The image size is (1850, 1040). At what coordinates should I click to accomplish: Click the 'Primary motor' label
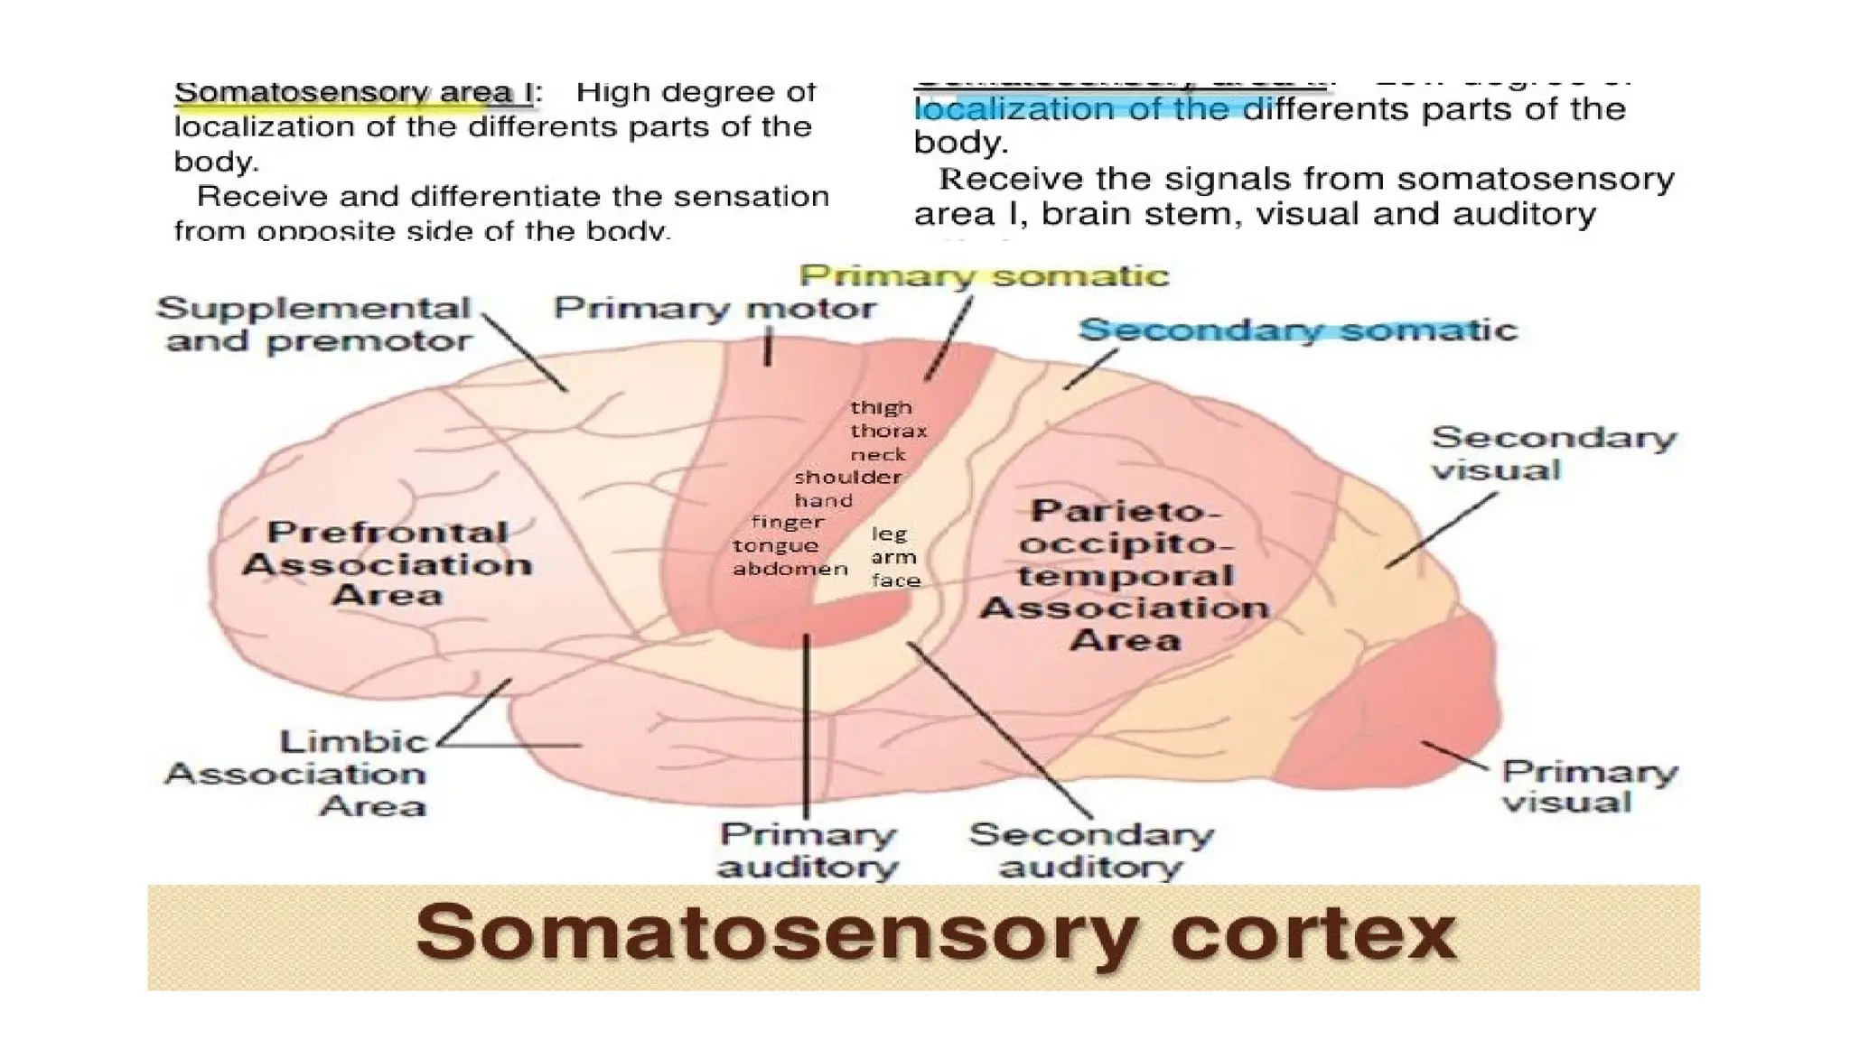(x=715, y=309)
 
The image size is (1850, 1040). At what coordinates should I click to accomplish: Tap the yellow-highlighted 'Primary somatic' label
(x=984, y=275)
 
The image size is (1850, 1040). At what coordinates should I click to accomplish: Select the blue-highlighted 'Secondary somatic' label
(x=1297, y=330)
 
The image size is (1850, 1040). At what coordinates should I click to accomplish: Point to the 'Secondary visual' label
(x=1553, y=453)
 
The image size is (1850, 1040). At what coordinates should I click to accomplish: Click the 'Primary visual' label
(x=1588, y=786)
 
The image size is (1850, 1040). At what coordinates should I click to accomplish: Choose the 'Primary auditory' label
(x=808, y=850)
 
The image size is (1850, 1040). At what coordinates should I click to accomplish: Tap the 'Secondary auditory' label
(x=1091, y=850)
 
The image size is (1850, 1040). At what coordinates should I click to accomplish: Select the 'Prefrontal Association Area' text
(x=388, y=563)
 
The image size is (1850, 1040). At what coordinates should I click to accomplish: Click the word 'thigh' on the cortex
(x=881, y=408)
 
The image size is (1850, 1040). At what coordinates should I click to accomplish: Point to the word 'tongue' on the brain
(x=775, y=546)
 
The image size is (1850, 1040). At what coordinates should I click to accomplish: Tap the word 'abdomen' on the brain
(x=790, y=570)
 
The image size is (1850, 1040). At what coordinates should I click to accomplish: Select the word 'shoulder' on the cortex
(x=847, y=478)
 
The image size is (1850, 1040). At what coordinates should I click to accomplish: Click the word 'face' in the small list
(x=895, y=580)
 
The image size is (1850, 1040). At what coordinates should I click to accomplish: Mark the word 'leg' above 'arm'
(x=888, y=534)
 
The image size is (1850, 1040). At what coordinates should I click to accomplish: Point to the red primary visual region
(x=1391, y=713)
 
